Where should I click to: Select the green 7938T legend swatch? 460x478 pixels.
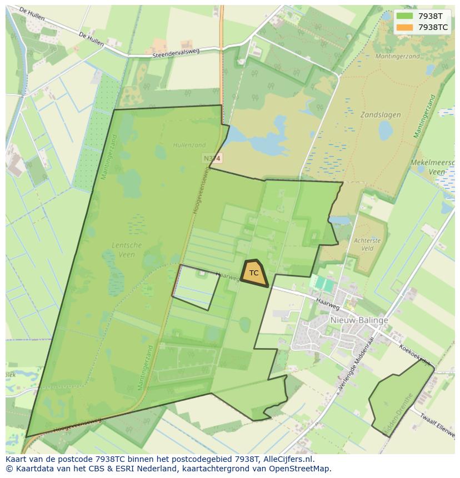404,16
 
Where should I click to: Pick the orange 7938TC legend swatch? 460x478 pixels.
404,27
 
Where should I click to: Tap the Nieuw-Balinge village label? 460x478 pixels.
359,320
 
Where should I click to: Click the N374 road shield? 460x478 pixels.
212,159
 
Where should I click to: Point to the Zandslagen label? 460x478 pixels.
381,115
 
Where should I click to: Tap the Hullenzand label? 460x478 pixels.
189,145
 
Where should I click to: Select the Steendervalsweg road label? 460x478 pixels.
176,54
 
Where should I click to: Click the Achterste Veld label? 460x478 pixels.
367,245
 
